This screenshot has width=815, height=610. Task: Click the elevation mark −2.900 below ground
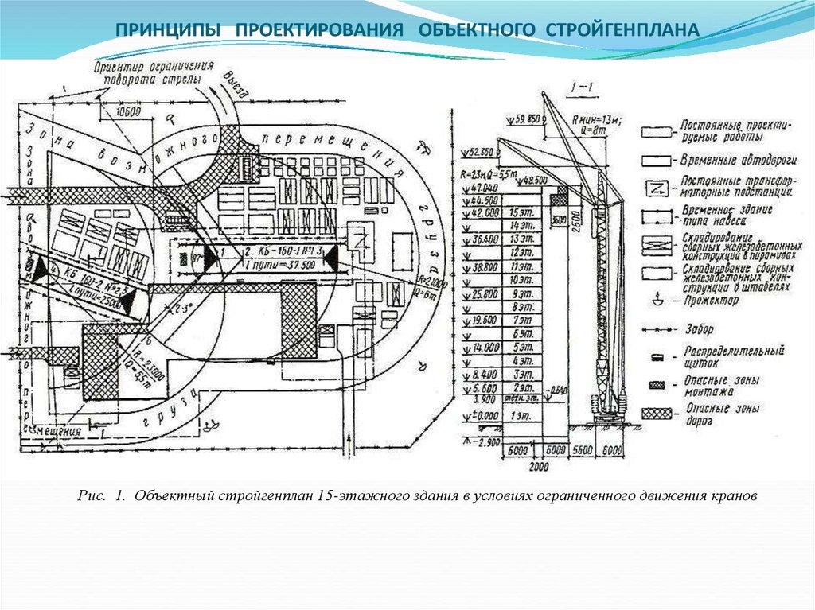click(484, 440)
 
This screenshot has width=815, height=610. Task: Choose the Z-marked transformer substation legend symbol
click(657, 188)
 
